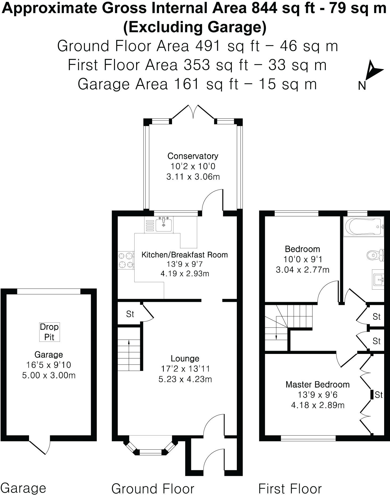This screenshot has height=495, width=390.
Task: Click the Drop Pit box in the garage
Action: coord(49,332)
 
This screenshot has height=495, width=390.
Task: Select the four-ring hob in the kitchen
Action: coord(126,260)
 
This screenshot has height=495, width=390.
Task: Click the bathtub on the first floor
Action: coord(363,227)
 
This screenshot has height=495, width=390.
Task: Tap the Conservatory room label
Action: coord(193,156)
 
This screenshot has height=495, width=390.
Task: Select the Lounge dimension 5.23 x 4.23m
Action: coord(185,379)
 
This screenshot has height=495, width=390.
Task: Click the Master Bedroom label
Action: coord(318,384)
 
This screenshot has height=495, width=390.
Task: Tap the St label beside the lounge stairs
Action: coord(130,314)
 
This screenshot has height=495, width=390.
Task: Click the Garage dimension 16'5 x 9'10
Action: coord(49,365)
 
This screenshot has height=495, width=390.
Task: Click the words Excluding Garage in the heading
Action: coord(195,27)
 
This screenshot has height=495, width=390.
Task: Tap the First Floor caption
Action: coord(290,489)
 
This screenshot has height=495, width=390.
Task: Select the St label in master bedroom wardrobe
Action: coord(379,394)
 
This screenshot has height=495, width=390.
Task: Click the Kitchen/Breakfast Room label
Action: coord(185,255)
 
